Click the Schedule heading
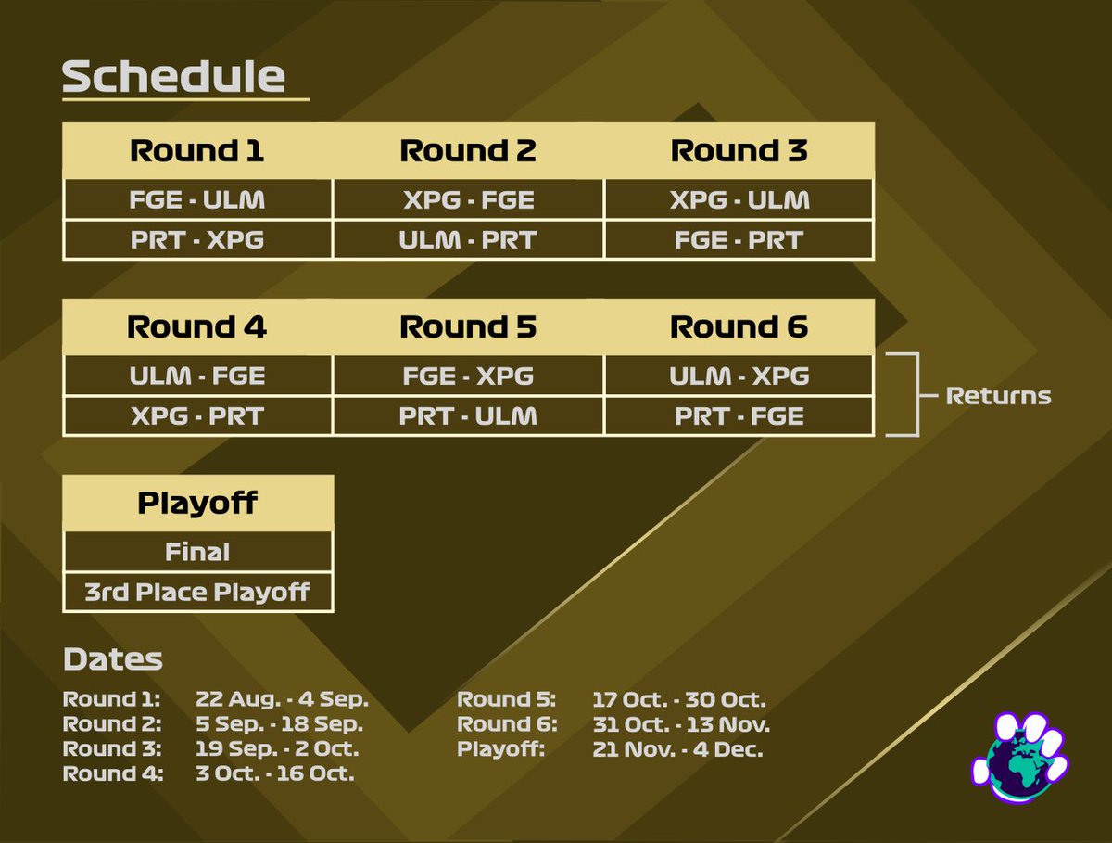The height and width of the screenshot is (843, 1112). pos(173,77)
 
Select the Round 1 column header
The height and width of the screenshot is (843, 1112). pos(196,150)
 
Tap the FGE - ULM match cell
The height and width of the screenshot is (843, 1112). pos(196,199)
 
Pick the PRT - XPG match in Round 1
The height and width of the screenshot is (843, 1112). pos(196,240)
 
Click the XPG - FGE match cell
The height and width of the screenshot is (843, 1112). pos(468,199)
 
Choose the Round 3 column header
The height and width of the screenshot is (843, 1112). pos(739,150)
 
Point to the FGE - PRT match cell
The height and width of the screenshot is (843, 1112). pos(739,240)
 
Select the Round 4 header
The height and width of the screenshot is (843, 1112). pos(196,326)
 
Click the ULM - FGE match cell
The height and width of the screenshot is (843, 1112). pos(196,376)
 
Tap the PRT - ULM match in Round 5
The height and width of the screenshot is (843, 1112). pos(468,416)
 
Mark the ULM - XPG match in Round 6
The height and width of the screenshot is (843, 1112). pos(739,376)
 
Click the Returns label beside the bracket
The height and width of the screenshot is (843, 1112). pos(998,396)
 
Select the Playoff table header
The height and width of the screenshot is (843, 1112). pos(196,503)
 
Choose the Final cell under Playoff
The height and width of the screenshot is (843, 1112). pos(196,552)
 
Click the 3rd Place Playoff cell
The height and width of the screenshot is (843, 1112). pos(196,592)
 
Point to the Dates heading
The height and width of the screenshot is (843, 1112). pos(112,659)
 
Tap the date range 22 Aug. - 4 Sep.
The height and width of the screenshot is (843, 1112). pos(282,699)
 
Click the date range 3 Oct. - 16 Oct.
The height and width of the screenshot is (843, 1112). pos(274,773)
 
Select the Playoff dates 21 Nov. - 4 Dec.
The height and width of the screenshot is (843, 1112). pos(677,749)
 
